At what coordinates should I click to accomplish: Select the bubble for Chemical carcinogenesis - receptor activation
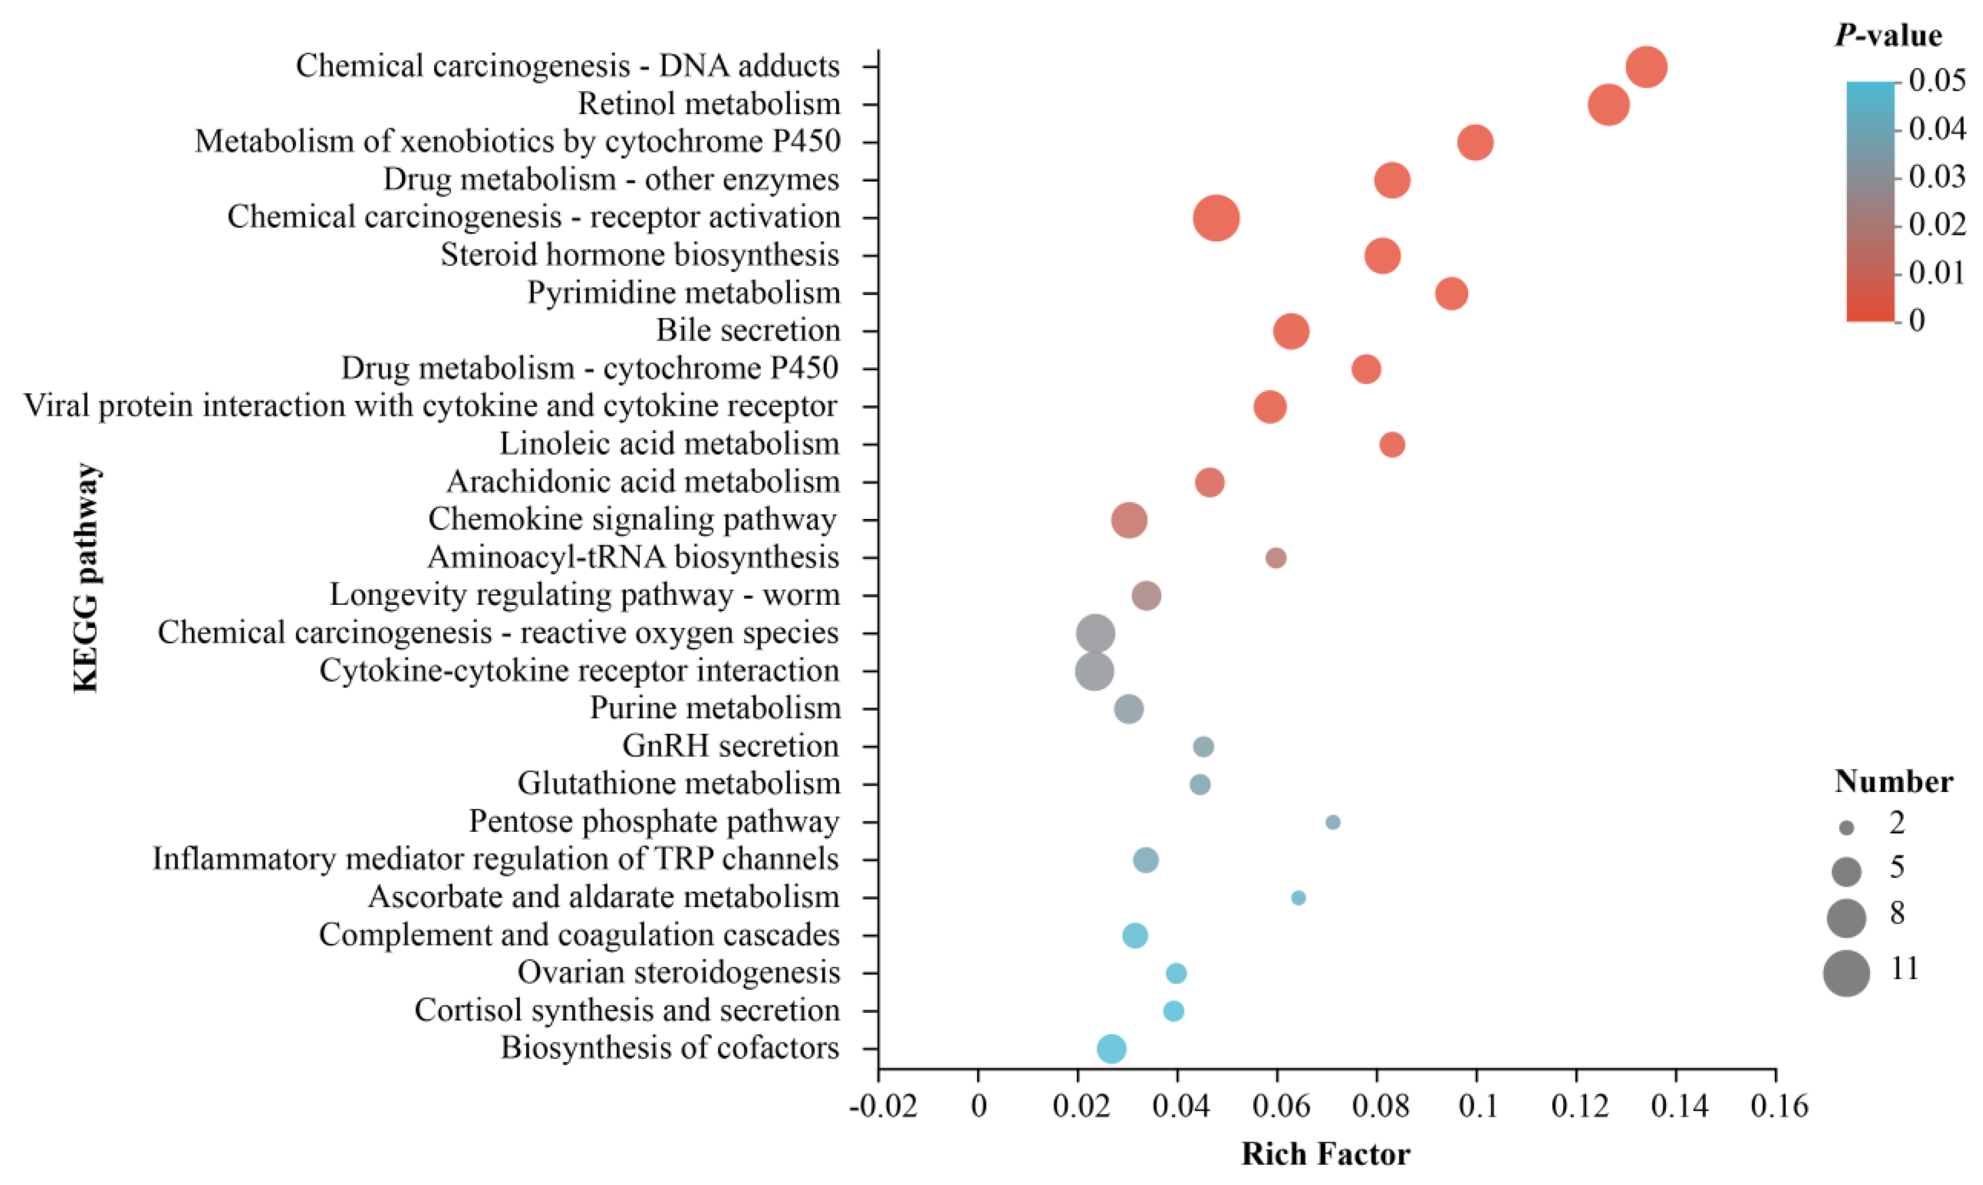pyautogui.click(x=1216, y=218)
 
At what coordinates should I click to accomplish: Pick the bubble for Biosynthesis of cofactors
pyautogui.click(x=1112, y=1048)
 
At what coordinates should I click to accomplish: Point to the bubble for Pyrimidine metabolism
pyautogui.click(x=1451, y=293)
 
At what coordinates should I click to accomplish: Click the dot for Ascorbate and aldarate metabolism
pyautogui.click(x=1299, y=898)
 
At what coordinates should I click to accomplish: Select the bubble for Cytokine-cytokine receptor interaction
pyautogui.click(x=1094, y=671)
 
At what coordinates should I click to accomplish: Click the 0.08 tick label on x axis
pyautogui.click(x=1377, y=1107)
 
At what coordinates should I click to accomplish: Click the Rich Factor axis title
pyautogui.click(x=1326, y=1155)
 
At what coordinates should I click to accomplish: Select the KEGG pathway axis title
pyautogui.click(x=85, y=577)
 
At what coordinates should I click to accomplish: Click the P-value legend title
pyautogui.click(x=1888, y=36)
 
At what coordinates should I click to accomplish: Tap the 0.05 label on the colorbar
pyautogui.click(x=1937, y=82)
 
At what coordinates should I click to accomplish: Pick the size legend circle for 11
pyautogui.click(x=1846, y=974)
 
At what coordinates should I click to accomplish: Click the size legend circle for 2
pyautogui.click(x=1846, y=829)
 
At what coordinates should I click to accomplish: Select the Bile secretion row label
pyautogui.click(x=748, y=330)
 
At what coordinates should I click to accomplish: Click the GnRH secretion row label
pyautogui.click(x=731, y=746)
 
